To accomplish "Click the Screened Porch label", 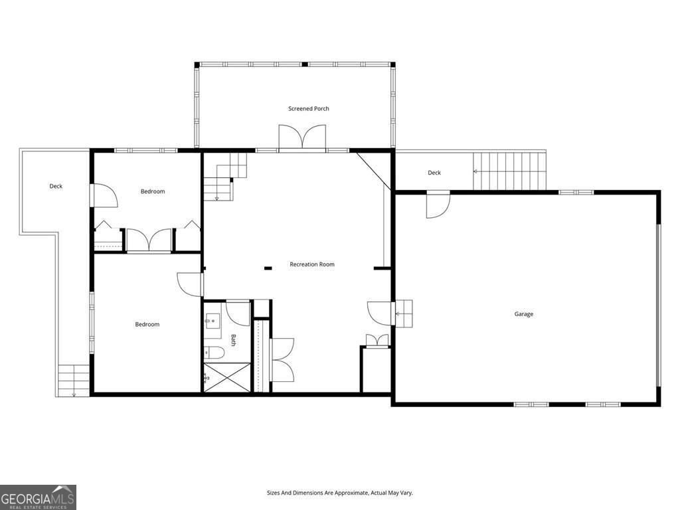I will tap(309, 108).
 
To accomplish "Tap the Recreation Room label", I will tap(312, 264).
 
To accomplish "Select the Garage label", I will tap(524, 314).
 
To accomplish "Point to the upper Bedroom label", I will tap(153, 191).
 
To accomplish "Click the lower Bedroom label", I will tap(147, 324).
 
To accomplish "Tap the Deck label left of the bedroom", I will tap(56, 186).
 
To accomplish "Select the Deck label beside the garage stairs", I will tap(434, 173).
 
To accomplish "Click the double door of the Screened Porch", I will tap(302, 139).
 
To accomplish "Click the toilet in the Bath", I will tap(214, 353).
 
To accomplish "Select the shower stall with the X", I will tap(227, 377).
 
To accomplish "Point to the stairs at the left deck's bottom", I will tap(74, 381).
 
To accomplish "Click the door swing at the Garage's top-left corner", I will tap(438, 205).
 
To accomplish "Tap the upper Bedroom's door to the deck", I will tap(104, 196).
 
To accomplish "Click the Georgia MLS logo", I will tap(38, 497).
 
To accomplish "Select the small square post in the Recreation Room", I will tap(268, 268).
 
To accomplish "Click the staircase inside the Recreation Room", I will tap(225, 176).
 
